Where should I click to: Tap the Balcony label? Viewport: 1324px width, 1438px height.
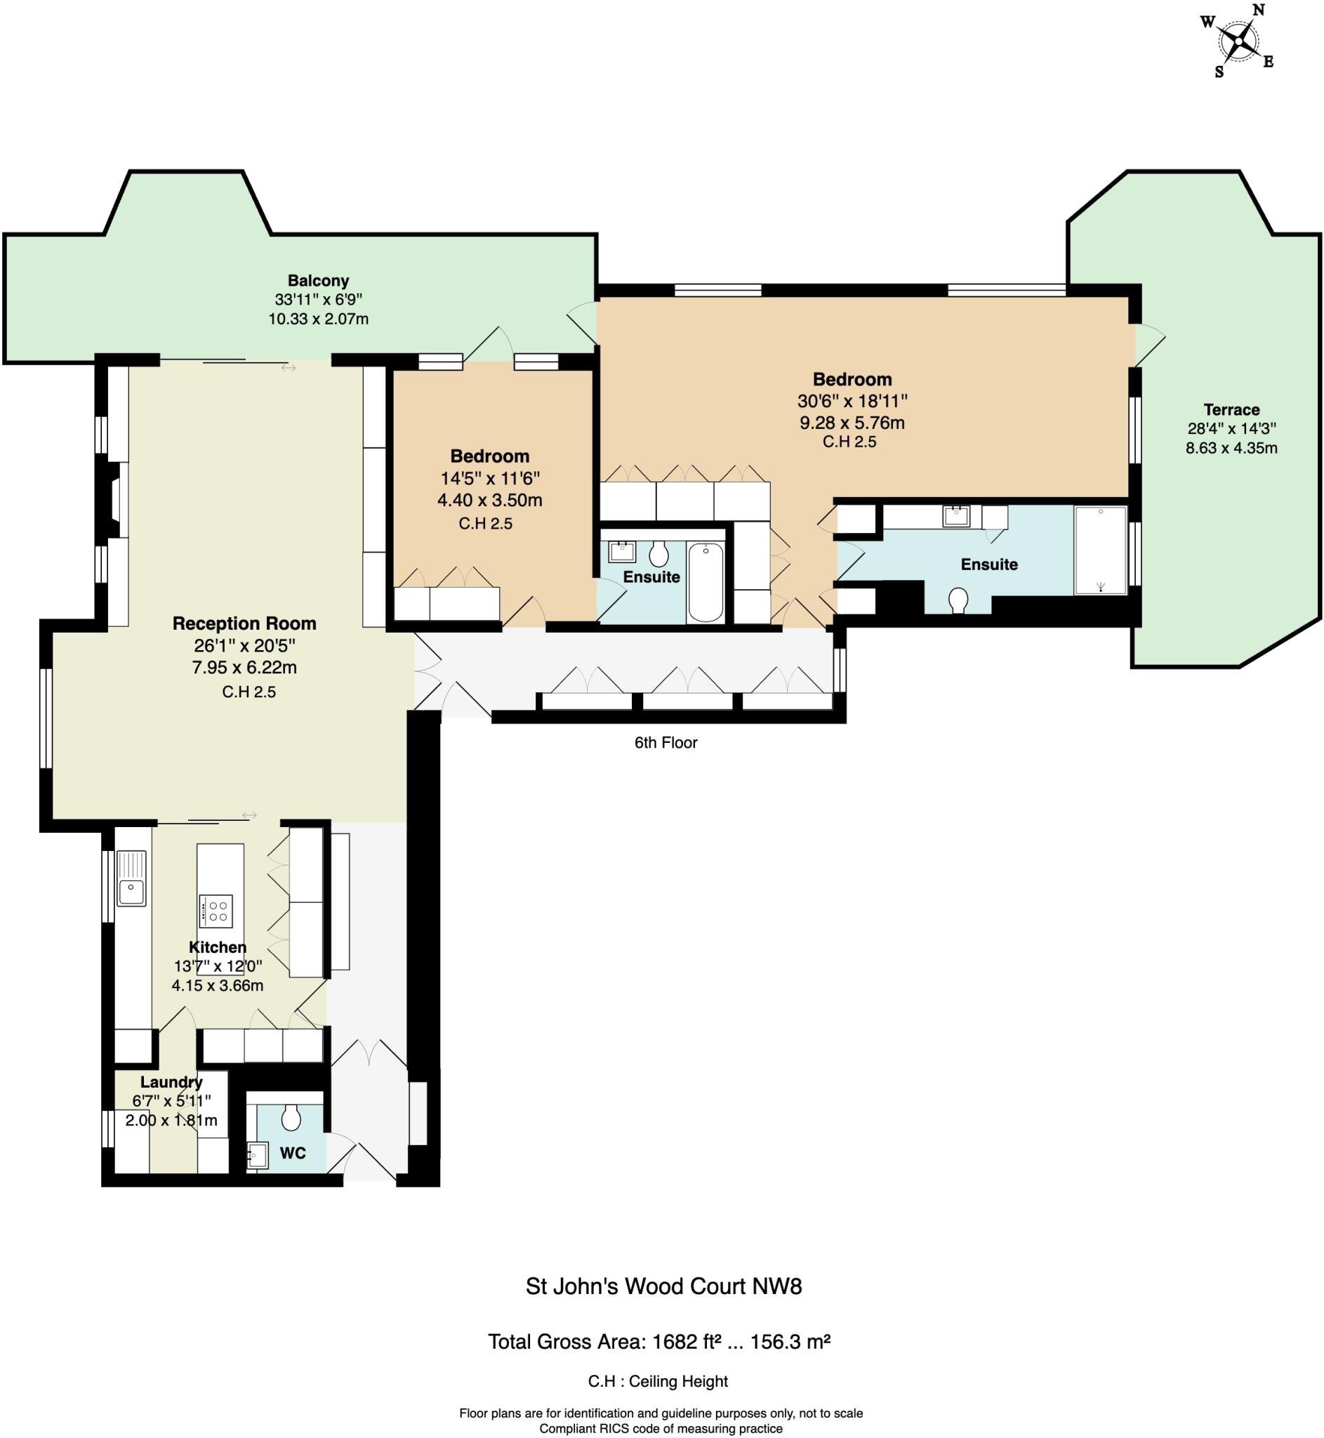[x=318, y=281]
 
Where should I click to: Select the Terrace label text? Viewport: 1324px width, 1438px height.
[x=1231, y=410]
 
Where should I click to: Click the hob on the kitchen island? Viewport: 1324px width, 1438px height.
[x=216, y=911]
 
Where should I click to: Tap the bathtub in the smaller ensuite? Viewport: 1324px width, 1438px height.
[x=705, y=583]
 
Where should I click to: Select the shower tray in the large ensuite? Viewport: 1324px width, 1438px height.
[x=1100, y=550]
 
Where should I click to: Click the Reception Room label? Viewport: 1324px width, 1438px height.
[x=244, y=624]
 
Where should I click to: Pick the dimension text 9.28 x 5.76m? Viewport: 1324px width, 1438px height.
[x=852, y=423]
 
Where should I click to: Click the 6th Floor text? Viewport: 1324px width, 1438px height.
[x=666, y=742]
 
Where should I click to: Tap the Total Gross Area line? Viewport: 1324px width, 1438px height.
[x=658, y=1341]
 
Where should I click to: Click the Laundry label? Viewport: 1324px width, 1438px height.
[x=171, y=1082]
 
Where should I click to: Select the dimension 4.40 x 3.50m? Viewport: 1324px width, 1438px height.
[x=489, y=500]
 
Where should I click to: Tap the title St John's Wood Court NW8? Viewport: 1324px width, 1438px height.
[x=663, y=1286]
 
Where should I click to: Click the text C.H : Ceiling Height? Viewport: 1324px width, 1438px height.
[x=658, y=1380]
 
